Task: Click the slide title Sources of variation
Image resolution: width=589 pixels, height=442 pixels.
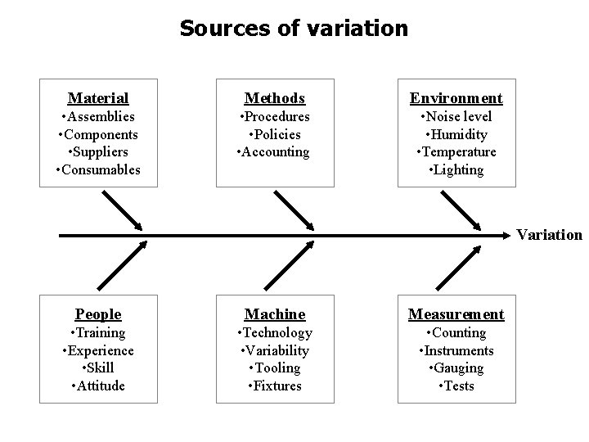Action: pyautogui.click(x=294, y=29)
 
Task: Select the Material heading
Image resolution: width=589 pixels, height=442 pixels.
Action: pyautogui.click(x=98, y=98)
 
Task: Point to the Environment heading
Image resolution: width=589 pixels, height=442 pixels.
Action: pyautogui.click(x=456, y=98)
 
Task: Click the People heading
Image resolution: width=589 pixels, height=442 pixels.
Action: pyautogui.click(x=98, y=314)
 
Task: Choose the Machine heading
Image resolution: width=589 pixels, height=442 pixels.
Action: pyautogui.click(x=276, y=314)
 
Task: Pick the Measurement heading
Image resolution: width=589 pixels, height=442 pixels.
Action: pyautogui.click(x=456, y=314)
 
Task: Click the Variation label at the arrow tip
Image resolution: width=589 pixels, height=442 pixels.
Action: pyautogui.click(x=549, y=235)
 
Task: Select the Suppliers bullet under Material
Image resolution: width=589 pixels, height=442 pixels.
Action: pyautogui.click(x=98, y=152)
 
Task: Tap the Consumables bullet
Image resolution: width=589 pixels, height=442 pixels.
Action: pyautogui.click(x=98, y=170)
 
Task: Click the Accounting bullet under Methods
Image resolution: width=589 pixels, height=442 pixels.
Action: pyautogui.click(x=273, y=152)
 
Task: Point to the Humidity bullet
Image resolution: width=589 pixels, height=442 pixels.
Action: pyautogui.click(x=456, y=134)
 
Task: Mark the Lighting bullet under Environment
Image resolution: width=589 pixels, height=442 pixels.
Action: pyautogui.click(x=456, y=170)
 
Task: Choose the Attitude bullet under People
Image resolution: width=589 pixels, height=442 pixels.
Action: pyautogui.click(x=98, y=386)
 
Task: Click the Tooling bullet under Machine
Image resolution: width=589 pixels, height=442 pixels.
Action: pyautogui.click(x=276, y=368)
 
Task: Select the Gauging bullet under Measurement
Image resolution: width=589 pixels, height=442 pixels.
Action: pyautogui.click(x=456, y=368)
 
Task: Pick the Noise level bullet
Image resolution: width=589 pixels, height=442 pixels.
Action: pyautogui.click(x=456, y=117)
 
